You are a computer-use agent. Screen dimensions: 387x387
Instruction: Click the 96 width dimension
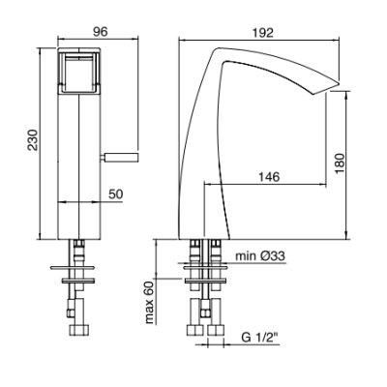click(100, 32)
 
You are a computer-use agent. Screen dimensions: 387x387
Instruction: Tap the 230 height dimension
click(33, 140)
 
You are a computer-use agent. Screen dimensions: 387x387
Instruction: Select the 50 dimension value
click(115, 194)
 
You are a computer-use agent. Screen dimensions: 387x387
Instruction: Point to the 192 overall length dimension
click(262, 33)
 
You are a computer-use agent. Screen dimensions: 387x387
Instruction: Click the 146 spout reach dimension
click(269, 177)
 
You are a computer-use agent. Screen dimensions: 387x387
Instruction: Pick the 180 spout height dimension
click(340, 164)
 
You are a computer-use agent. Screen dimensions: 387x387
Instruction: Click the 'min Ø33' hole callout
click(260, 256)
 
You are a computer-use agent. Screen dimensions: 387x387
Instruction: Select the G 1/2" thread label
click(259, 338)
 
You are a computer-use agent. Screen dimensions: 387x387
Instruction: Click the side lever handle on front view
click(119, 157)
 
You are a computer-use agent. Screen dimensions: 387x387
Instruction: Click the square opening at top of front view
click(79, 73)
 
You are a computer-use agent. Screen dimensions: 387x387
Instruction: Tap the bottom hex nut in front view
click(78, 331)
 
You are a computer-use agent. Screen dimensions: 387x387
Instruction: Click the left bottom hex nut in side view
click(195, 331)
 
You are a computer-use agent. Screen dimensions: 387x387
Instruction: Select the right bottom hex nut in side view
click(216, 331)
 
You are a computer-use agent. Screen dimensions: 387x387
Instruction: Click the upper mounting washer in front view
click(73, 268)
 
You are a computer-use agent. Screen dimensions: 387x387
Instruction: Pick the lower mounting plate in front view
click(78, 281)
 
